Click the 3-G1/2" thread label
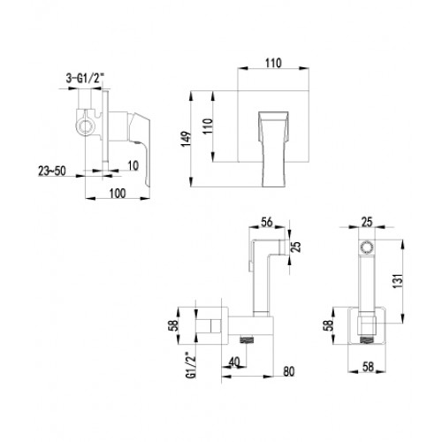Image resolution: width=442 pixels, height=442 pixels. [x=85, y=79]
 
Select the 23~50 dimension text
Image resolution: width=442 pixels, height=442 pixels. [x=52, y=171]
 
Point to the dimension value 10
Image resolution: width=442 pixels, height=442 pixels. [x=133, y=166]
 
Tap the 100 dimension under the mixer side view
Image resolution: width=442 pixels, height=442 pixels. [x=118, y=194]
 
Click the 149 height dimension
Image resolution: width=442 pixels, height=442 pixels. [x=187, y=139]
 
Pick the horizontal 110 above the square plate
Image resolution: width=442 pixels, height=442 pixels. [x=273, y=63]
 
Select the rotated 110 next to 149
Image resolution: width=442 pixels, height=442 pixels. [x=208, y=126]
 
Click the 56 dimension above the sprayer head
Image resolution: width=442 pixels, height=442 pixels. [x=267, y=222]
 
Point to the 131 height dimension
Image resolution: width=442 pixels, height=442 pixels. [x=398, y=281]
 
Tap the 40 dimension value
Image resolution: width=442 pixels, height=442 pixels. [x=234, y=362]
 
